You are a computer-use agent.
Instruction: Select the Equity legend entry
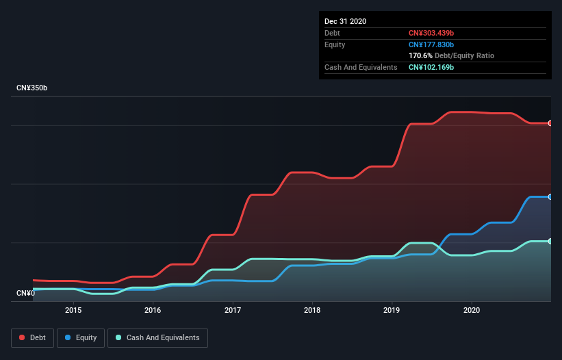pyautogui.click(x=81, y=337)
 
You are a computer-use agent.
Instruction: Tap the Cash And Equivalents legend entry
pyautogui.click(x=157, y=337)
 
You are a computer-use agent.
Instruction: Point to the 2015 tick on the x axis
pyautogui.click(x=73, y=309)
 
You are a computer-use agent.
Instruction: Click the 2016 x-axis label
pyautogui.click(x=153, y=309)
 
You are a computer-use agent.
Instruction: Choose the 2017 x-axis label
pyautogui.click(x=233, y=309)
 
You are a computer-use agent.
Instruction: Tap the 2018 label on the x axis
pyautogui.click(x=312, y=309)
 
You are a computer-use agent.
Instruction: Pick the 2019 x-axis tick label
pyautogui.click(x=392, y=309)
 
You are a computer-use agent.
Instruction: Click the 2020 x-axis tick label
pyautogui.click(x=472, y=309)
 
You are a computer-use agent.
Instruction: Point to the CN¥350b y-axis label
pyautogui.click(x=32, y=88)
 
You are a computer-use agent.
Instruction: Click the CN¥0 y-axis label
pyautogui.click(x=25, y=294)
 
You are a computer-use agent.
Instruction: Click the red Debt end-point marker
pyautogui.click(x=550, y=123)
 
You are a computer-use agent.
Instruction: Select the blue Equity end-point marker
pyautogui.click(x=550, y=196)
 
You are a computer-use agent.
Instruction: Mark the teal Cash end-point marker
pyautogui.click(x=550, y=241)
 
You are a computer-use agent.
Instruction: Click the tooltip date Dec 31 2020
pyautogui.click(x=345, y=21)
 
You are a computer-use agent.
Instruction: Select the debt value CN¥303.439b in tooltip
pyautogui.click(x=431, y=33)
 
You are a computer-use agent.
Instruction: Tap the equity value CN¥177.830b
pyautogui.click(x=431, y=44)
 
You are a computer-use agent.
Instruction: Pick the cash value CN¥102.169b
pyautogui.click(x=431, y=67)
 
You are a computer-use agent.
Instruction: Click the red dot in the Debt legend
pyautogui.click(x=22, y=337)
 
